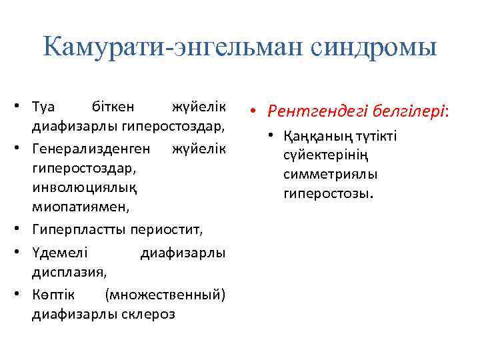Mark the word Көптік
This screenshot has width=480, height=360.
53,294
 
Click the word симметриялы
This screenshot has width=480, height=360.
330,175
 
